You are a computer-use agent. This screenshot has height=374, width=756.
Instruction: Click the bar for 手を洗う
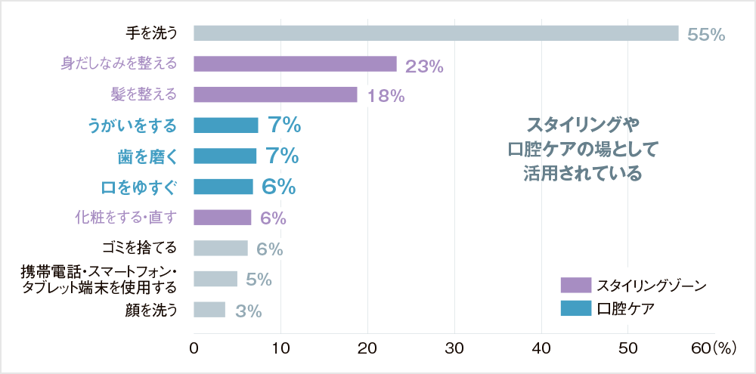pyautogui.click(x=435, y=33)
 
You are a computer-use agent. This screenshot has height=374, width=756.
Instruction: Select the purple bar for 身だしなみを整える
pyautogui.click(x=295, y=64)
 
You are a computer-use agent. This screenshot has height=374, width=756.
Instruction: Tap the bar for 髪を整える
pyautogui.click(x=275, y=94)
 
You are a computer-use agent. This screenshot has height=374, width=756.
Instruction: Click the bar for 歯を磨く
pyautogui.click(x=225, y=156)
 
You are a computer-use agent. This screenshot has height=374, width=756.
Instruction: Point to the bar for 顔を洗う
pyautogui.click(x=209, y=310)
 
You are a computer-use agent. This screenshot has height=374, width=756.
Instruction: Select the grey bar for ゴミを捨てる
pyautogui.click(x=221, y=249)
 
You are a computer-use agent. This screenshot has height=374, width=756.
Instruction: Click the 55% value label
pyautogui.click(x=706, y=35)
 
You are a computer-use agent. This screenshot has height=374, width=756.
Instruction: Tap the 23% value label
pyautogui.click(x=424, y=66)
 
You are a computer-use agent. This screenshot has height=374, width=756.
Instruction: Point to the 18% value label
pyautogui.click(x=386, y=96)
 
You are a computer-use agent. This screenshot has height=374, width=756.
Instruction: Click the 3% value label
pyautogui.click(x=248, y=311)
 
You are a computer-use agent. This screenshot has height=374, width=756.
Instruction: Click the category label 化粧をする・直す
pyautogui.click(x=125, y=218)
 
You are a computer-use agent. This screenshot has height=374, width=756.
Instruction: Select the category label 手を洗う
pyautogui.click(x=151, y=33)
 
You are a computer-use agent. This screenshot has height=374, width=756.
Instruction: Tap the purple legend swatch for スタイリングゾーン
pyautogui.click(x=575, y=285)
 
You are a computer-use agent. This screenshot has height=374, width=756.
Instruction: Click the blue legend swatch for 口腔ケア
pyautogui.click(x=575, y=308)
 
